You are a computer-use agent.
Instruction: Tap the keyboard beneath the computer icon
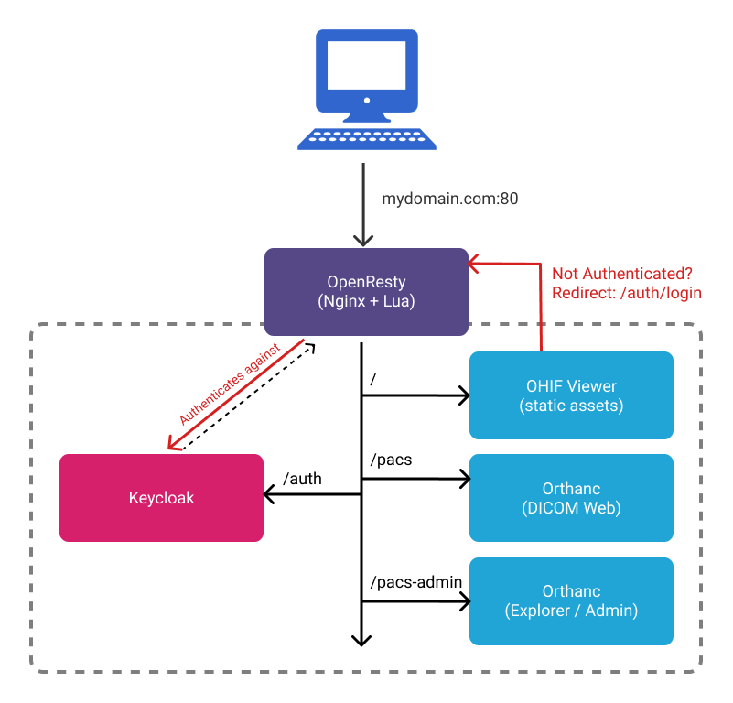point(366,138)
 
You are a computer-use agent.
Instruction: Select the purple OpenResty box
point(366,290)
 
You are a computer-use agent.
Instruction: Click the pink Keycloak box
point(161,498)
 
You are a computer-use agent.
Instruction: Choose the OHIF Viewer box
point(571,395)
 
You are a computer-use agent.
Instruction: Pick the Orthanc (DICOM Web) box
point(571,498)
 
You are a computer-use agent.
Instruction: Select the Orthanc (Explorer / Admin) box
point(571,600)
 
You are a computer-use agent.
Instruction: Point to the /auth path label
point(302,478)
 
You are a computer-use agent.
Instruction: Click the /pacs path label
point(391,460)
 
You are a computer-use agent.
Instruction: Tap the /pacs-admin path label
point(415,581)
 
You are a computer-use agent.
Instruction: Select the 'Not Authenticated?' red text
point(621,274)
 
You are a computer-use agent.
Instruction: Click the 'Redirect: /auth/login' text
point(626,293)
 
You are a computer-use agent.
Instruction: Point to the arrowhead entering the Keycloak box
point(270,494)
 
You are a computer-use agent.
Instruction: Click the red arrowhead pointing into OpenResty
point(474,265)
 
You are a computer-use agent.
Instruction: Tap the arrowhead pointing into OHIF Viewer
point(463,396)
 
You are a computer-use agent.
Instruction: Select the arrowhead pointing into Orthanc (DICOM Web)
point(463,478)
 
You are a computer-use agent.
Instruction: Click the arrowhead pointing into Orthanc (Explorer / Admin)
point(463,601)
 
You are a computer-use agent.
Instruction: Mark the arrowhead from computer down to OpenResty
point(362,240)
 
